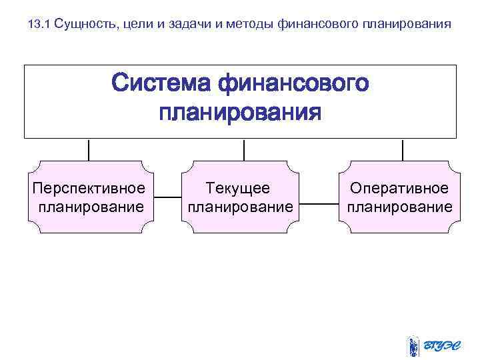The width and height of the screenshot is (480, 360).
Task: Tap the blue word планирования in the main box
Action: (x=240, y=112)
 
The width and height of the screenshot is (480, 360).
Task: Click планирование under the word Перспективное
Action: (x=91, y=207)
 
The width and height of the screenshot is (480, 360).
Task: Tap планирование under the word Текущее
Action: (x=240, y=207)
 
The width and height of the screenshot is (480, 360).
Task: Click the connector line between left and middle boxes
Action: (x=168, y=198)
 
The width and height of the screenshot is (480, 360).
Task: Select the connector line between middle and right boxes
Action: (x=320, y=203)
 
